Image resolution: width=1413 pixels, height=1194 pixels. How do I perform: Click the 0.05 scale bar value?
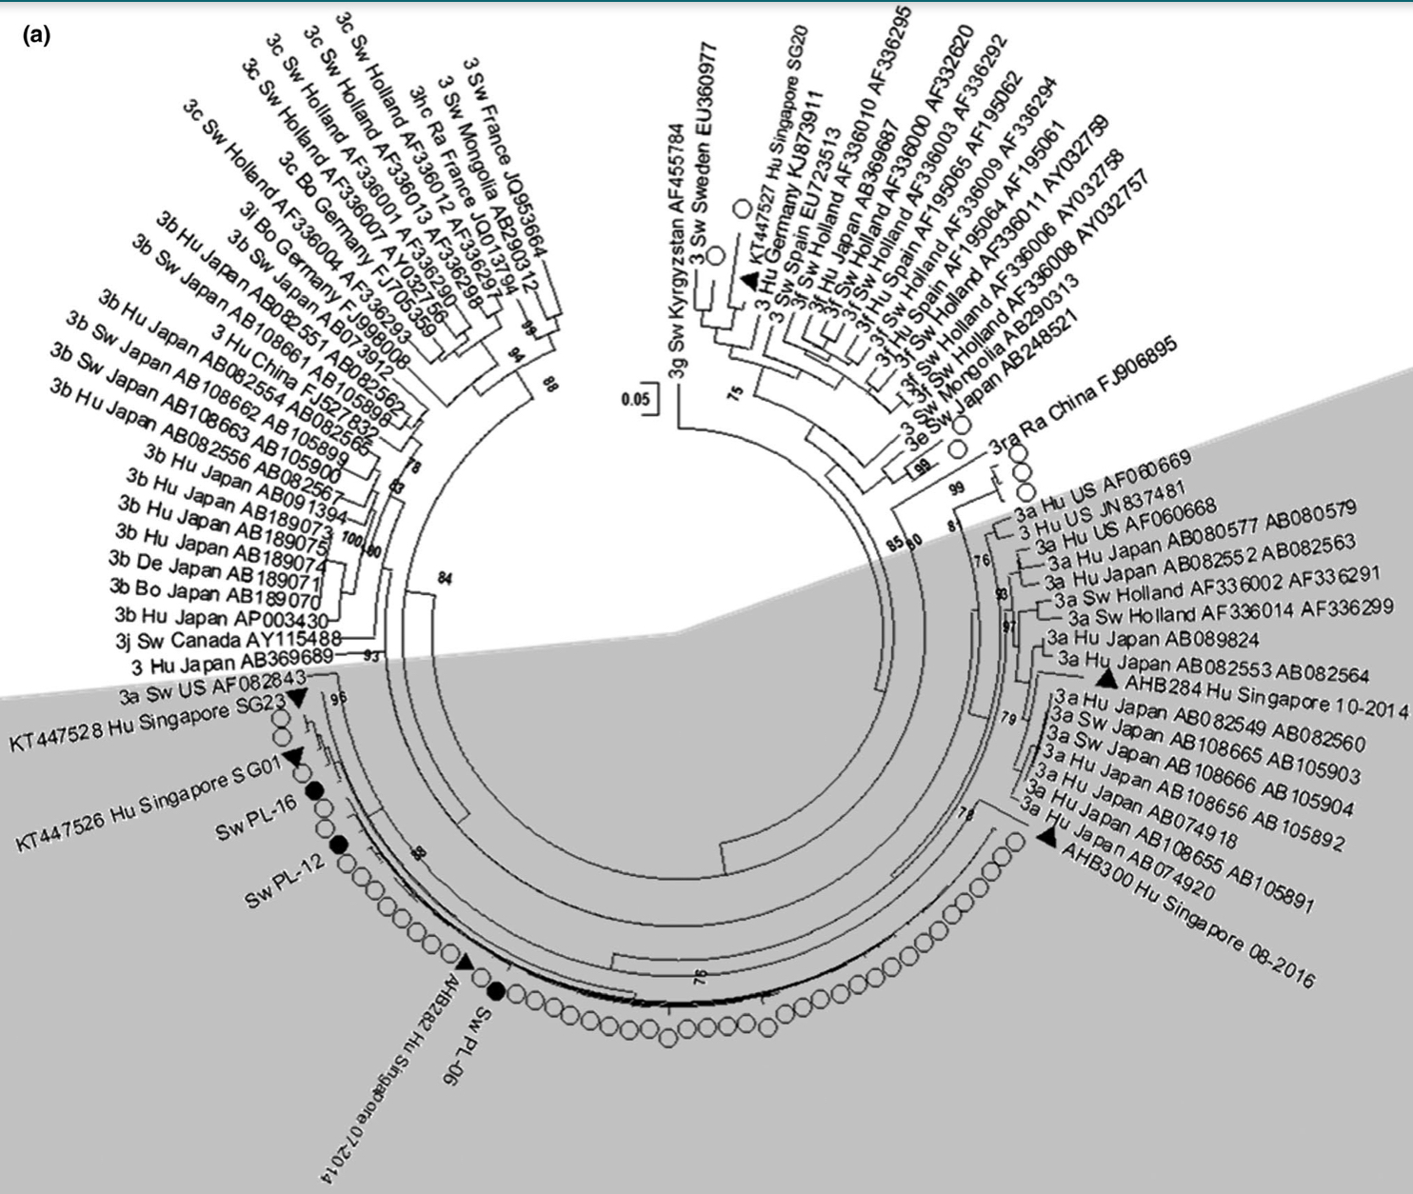coord(635,398)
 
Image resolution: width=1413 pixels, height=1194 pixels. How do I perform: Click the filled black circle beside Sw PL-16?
coord(313,791)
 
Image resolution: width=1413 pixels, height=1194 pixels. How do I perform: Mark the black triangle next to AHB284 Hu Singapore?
coord(1105,678)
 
